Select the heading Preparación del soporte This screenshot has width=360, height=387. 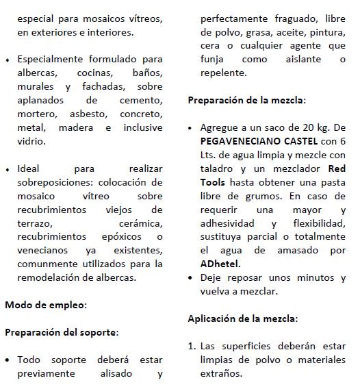tap(62, 332)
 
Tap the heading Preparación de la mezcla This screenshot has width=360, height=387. tap(246, 100)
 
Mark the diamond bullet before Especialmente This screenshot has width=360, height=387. tap(8, 60)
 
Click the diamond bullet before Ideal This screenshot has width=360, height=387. tap(8, 168)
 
